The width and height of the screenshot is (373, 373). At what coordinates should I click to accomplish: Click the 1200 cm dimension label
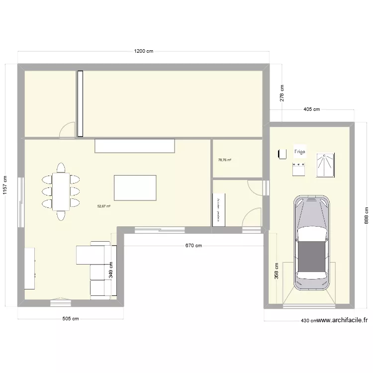(143, 51)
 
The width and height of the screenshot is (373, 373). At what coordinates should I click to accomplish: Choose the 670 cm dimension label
(193, 245)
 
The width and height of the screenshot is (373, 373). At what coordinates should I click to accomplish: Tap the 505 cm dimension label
(70, 319)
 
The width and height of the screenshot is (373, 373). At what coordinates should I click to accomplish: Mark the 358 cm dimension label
(277, 272)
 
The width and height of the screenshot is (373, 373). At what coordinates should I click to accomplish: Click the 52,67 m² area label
(104, 206)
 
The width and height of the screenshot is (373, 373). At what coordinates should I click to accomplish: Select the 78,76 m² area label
(224, 160)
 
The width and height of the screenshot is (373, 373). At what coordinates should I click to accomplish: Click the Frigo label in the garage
(299, 152)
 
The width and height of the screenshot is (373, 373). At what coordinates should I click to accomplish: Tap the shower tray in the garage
(326, 165)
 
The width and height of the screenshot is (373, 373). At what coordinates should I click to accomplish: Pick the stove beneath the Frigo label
(299, 168)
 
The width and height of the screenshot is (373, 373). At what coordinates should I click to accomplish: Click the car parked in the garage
(311, 242)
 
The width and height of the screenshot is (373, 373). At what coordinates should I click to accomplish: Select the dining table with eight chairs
(61, 191)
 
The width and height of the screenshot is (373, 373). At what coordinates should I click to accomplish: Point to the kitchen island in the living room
(135, 187)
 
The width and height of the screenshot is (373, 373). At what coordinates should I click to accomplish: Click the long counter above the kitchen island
(135, 146)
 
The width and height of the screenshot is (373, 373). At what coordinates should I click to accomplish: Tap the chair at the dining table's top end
(61, 167)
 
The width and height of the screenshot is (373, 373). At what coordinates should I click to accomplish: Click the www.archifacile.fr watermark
(343, 320)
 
